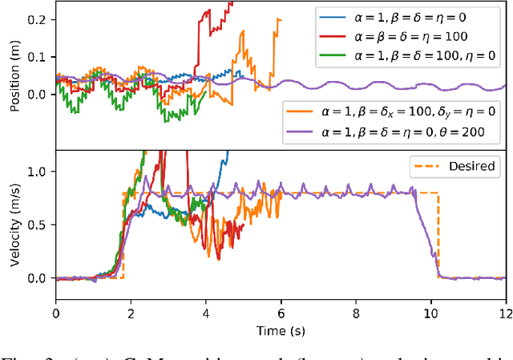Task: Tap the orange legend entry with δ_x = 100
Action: (x=394, y=109)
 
